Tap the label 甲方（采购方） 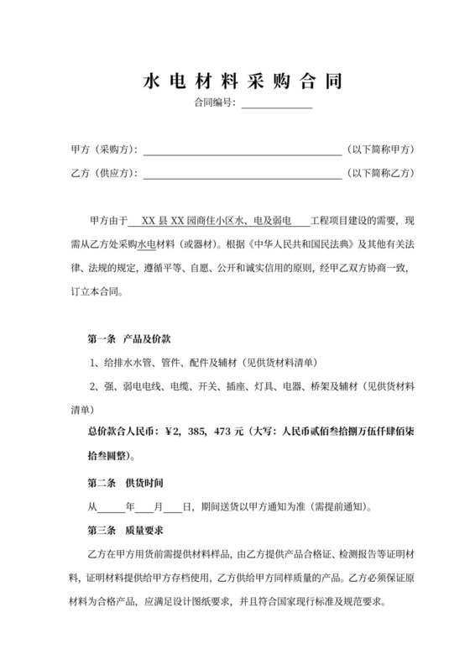(106, 149)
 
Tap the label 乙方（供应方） (106, 174)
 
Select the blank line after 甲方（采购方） (243, 151)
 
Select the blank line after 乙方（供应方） (243, 175)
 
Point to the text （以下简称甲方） (381, 149)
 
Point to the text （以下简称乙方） (381, 174)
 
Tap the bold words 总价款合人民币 (117, 432)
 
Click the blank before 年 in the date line (111, 509)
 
